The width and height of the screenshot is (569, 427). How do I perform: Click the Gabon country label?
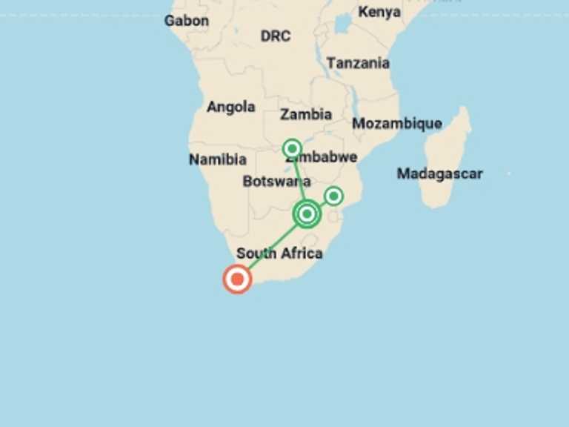(186, 21)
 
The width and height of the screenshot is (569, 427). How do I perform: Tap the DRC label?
(275, 36)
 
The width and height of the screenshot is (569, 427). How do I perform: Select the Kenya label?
(379, 12)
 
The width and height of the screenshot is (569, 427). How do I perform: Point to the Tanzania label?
(358, 63)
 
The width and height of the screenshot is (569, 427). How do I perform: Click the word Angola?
(230, 107)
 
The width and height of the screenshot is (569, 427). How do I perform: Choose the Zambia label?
(306, 114)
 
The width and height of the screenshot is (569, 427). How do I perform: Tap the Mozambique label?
(396, 124)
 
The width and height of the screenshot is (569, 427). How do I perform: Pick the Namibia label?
(217, 159)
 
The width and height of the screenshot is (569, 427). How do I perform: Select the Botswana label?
(276, 182)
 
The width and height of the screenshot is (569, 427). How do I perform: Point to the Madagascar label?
(439, 173)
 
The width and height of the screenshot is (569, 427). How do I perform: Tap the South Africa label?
(279, 254)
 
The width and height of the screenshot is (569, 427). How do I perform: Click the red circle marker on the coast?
(237, 279)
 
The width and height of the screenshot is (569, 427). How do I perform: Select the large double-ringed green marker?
(307, 214)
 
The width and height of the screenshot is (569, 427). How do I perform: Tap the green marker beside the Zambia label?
(293, 148)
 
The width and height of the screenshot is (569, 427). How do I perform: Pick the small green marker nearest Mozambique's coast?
(333, 196)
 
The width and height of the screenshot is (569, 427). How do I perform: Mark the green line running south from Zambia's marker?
(299, 178)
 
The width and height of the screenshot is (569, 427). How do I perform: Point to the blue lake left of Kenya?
(342, 24)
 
